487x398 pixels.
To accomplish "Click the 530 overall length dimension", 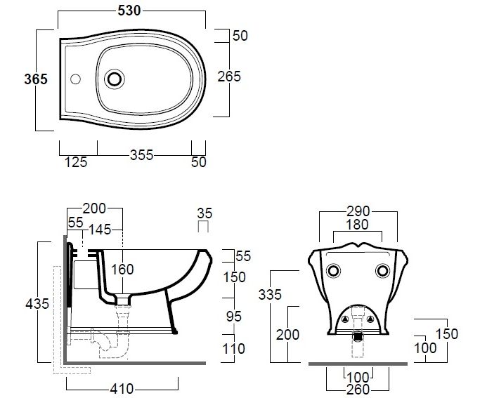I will pos(130,11).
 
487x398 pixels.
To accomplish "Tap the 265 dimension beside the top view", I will pos(229,77).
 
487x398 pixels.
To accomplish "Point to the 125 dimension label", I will pos(76,162).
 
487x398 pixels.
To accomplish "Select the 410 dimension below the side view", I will pos(122,388).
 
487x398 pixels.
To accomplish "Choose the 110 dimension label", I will pos(234,349).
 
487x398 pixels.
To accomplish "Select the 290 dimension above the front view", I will pos(358,211).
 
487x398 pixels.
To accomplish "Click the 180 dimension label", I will pos(358,225).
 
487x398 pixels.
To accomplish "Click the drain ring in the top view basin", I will pos(113,79).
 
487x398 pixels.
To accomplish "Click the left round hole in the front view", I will pos(335,271).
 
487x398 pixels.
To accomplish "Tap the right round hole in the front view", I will pos(382,271).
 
